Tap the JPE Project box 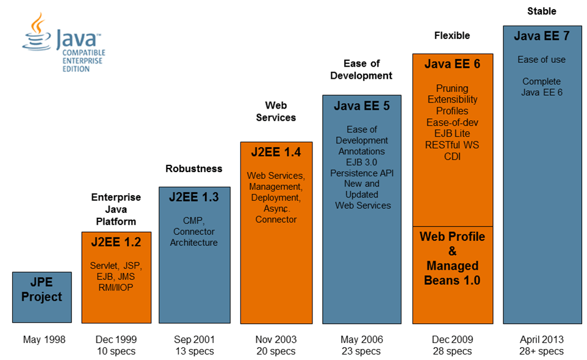[41, 297]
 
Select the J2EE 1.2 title [116, 242]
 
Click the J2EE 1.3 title [194, 197]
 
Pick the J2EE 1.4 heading [276, 152]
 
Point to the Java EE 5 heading [361, 106]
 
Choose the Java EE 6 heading [452, 64]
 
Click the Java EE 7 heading [541, 36]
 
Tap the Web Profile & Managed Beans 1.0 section [452, 258]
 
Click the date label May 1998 [44, 340]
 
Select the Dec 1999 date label [116, 340]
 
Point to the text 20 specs [275, 351]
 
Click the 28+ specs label [542, 351]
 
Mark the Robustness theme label [194, 168]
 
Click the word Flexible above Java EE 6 [452, 35]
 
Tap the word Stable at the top [541, 11]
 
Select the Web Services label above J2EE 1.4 [276, 112]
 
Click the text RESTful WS [452, 145]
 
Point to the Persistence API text [362, 173]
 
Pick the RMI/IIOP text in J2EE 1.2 [116, 287]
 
